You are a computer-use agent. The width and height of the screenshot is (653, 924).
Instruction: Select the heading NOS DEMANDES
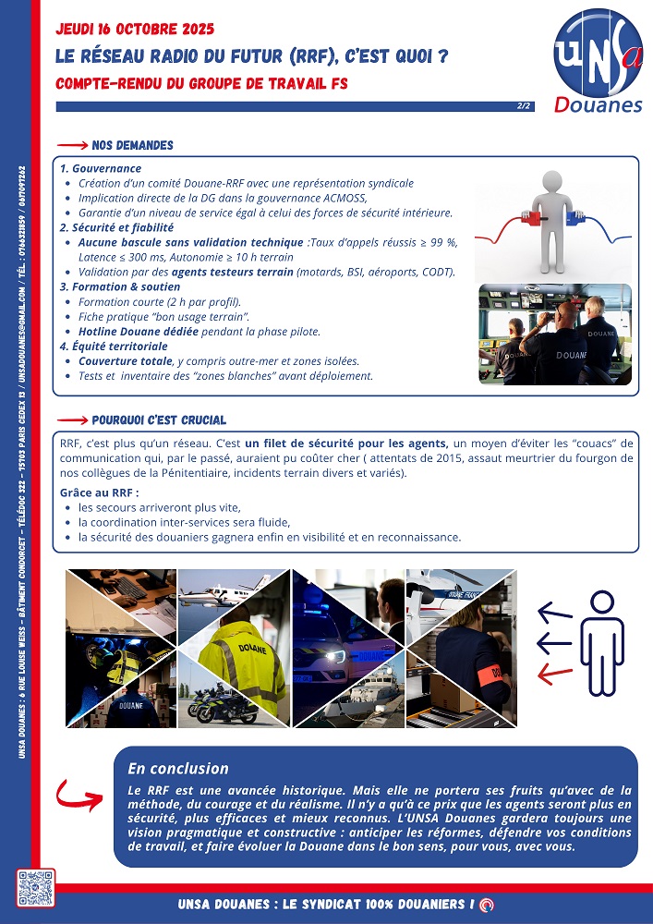pyautogui.click(x=132, y=145)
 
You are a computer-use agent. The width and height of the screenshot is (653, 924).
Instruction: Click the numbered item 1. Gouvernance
pyautogui.click(x=101, y=169)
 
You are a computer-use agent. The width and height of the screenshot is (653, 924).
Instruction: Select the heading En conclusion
pyautogui.click(x=177, y=769)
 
